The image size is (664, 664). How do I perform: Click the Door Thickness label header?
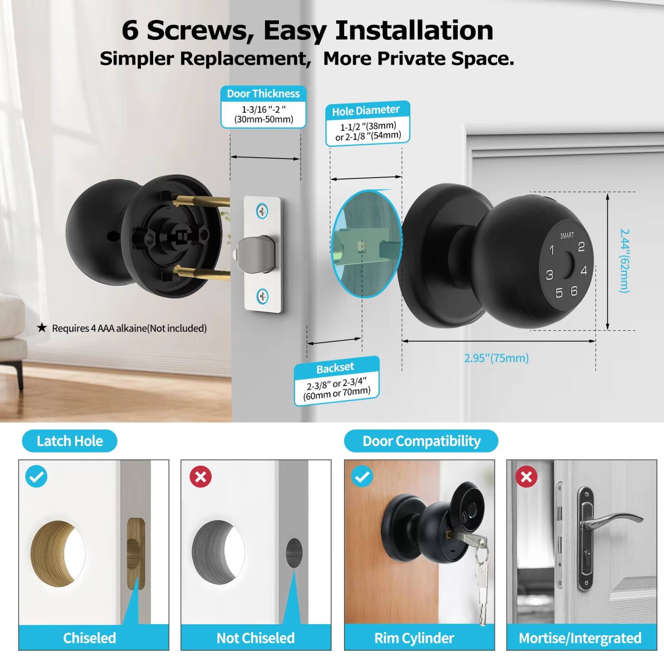pos(263,93)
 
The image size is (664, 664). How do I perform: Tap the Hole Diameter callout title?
pos(366,111)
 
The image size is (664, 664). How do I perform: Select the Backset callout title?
pos(335,368)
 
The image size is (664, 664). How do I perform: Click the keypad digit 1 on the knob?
pos(552,250)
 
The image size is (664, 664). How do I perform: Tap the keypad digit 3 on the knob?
pos(549,275)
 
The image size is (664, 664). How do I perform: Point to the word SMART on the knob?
pos(567,235)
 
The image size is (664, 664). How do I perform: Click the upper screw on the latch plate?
pos(263,211)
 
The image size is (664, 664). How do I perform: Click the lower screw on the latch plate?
pos(263,296)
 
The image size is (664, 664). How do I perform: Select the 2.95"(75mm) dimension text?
pos(496,358)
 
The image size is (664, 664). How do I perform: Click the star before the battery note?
pos(42,328)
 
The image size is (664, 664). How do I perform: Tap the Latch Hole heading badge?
pos(69,441)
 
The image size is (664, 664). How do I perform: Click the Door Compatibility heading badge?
pos(421,441)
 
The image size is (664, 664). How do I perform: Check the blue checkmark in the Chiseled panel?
pos(36,477)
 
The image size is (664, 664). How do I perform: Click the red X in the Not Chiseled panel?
pos(201,477)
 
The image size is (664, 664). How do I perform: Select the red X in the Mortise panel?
pos(526,477)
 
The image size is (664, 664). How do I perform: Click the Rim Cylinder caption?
pos(414,638)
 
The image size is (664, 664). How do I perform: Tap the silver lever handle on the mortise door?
pos(613,520)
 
